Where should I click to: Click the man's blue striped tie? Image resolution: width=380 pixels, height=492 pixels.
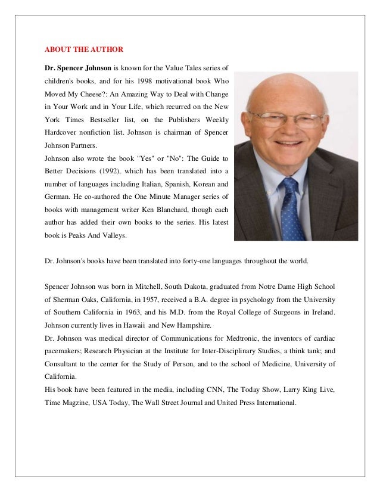(x=291, y=208)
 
